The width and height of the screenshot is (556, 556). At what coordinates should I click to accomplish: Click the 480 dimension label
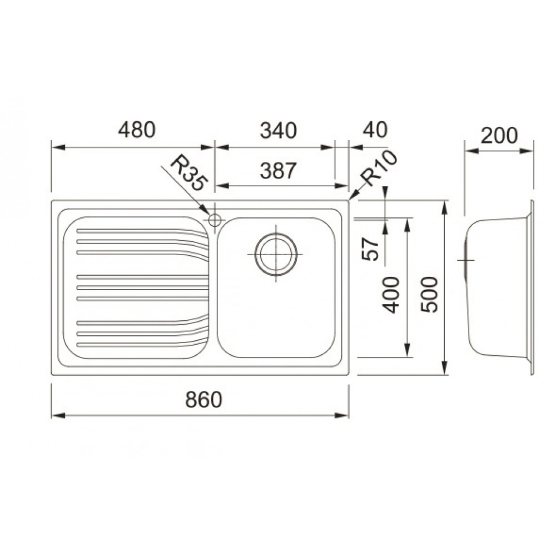137,130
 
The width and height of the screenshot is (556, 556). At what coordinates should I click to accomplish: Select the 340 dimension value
278,131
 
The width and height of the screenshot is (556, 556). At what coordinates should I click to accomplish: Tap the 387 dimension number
277,171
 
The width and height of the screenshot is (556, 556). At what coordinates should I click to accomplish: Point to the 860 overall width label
203,400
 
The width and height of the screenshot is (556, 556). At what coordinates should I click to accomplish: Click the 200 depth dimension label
499,136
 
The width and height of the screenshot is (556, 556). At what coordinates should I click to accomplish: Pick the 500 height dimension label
429,294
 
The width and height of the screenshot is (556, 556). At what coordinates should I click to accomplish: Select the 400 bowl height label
391,295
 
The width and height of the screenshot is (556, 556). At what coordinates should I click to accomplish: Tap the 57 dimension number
370,249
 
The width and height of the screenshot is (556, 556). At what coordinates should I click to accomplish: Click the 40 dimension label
375,130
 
